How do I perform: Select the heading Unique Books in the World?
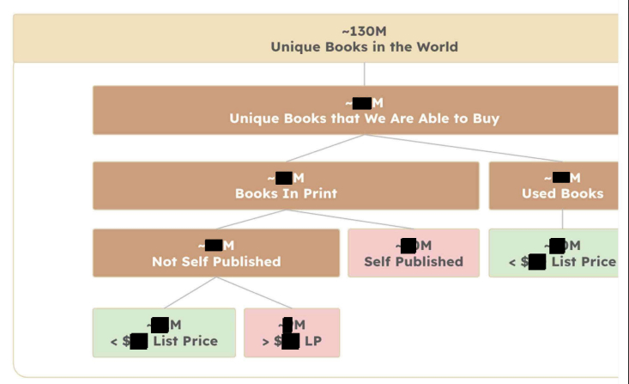pyautogui.click(x=364, y=47)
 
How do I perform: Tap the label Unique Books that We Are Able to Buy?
pyautogui.click(x=364, y=119)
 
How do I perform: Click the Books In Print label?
pyautogui.click(x=286, y=193)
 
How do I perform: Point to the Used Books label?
pyautogui.click(x=562, y=193)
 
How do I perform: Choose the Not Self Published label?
pyautogui.click(x=216, y=261)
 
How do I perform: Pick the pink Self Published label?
pyautogui.click(x=413, y=261)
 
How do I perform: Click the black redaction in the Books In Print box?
pyautogui.click(x=285, y=178)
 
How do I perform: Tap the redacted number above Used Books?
pyautogui.click(x=561, y=178)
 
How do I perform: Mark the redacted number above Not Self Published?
pyautogui.click(x=214, y=246)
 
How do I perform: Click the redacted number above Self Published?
pyautogui.click(x=408, y=246)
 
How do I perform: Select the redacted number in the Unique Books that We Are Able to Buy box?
pyautogui.click(x=362, y=103)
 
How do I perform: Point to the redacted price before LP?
pyautogui.click(x=290, y=341)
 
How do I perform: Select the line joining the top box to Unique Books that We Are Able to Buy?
pyautogui.click(x=364, y=74)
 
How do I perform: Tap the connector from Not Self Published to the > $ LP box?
pyautogui.click(x=253, y=292)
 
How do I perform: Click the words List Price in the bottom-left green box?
pyautogui.click(x=185, y=341)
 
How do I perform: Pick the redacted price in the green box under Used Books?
pyautogui.click(x=537, y=261)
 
